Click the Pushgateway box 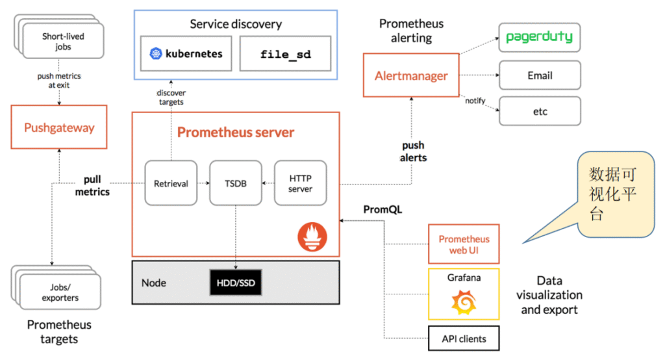tap(59, 127)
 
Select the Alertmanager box tap(411, 75)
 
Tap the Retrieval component tap(171, 184)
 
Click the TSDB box tap(235, 184)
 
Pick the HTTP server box tap(300, 184)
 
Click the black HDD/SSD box tap(236, 282)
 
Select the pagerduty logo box tap(539, 37)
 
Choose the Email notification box tap(539, 75)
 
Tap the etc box tap(539, 111)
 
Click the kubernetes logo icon tap(155, 54)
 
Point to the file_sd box tap(285, 54)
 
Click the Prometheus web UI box tap(464, 244)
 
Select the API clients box tap(464, 339)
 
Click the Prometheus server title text tap(236, 133)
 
